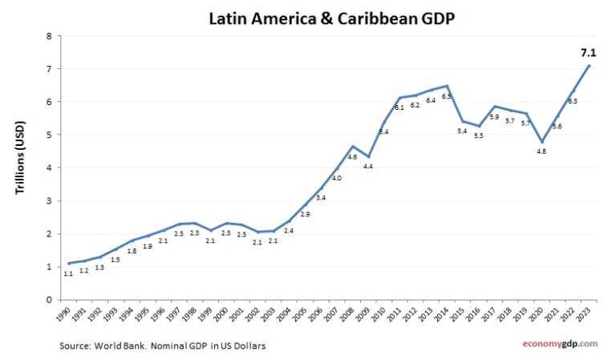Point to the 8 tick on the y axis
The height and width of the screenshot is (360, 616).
point(49,36)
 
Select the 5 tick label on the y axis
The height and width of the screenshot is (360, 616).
point(49,135)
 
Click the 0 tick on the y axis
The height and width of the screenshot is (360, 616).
point(49,300)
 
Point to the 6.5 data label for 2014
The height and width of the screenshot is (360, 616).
point(446,95)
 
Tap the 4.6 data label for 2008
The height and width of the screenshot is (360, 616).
point(352,157)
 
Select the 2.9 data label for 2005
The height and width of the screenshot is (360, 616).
point(305,214)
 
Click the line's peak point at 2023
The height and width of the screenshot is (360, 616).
point(590,66)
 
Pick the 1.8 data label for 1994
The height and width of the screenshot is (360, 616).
point(132,250)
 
